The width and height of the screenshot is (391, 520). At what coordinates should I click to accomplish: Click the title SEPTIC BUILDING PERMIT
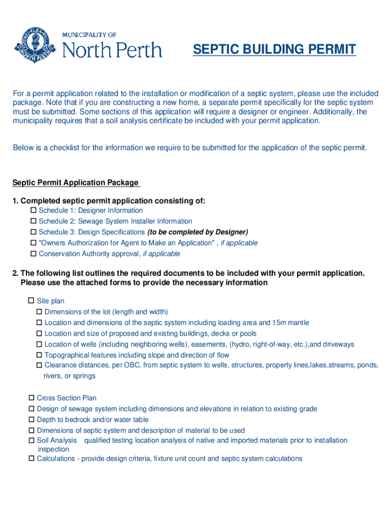coord(274,50)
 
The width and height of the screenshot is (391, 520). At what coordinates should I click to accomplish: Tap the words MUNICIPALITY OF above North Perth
coord(89,35)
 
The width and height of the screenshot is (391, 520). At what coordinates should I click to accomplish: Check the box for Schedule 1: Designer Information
coord(34,210)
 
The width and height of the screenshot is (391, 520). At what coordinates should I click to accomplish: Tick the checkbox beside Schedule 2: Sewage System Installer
coord(34,221)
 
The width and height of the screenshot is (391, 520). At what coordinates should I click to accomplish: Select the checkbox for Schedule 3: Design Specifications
coord(34,232)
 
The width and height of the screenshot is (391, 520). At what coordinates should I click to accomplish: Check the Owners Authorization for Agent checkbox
coord(34,243)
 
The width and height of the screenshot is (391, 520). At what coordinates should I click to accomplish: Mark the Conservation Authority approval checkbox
coord(34,254)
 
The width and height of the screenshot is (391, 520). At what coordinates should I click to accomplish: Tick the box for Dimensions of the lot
coord(39,312)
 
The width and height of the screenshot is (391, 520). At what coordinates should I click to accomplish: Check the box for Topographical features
coord(39,355)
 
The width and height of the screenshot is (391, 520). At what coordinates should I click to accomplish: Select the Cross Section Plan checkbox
coord(31,398)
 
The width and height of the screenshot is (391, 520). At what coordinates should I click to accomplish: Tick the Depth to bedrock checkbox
coord(31,419)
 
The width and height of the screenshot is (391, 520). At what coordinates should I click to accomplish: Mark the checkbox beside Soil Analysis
coord(31,440)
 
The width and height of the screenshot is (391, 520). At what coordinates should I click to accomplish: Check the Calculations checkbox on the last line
coord(31,459)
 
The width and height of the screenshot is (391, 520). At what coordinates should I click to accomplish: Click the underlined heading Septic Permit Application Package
coord(75,183)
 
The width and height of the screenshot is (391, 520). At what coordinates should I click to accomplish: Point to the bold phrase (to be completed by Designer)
coord(198,232)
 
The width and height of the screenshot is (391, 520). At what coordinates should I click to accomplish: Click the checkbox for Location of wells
coord(39,344)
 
